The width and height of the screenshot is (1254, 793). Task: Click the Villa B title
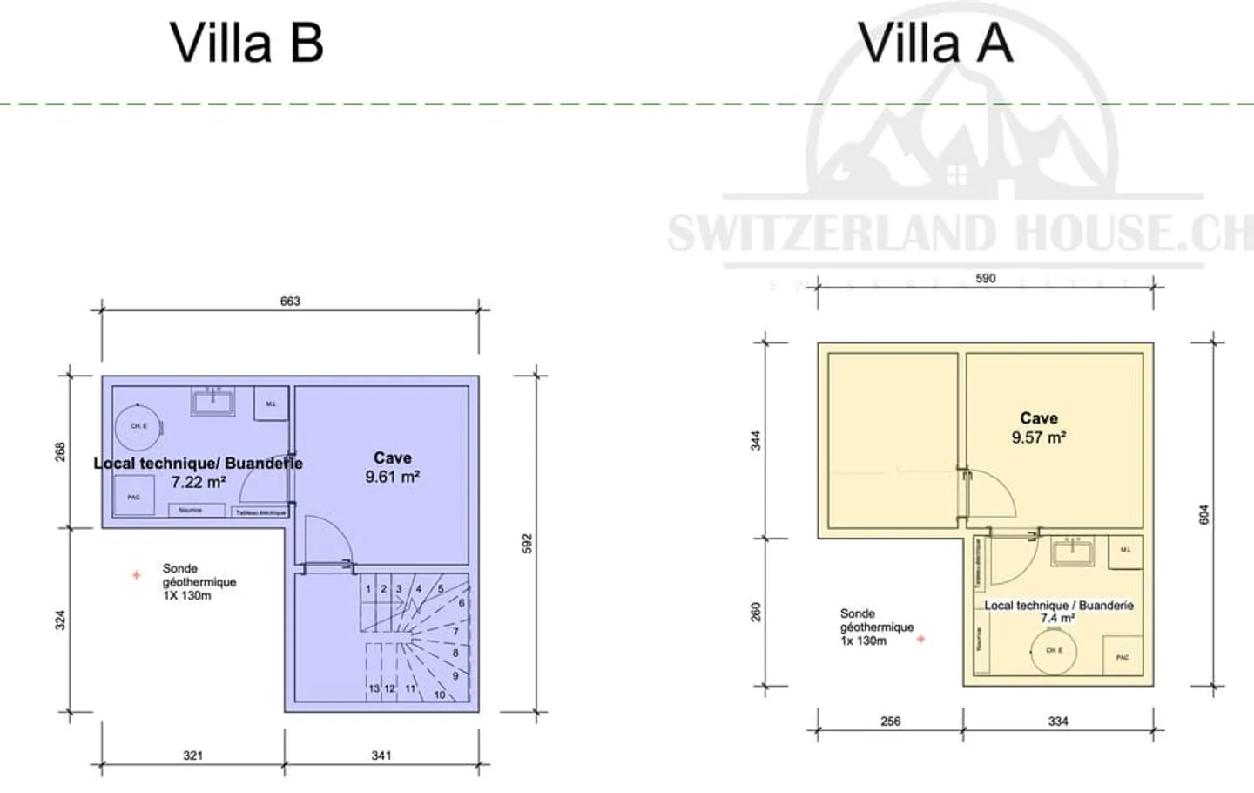point(246,43)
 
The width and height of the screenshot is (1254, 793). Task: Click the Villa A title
point(935,43)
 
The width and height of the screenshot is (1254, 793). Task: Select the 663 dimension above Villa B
point(290,302)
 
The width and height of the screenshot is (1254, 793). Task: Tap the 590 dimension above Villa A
point(985,279)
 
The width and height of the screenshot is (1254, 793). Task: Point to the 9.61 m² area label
point(392,477)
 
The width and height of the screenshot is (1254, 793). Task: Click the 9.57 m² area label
point(1038,437)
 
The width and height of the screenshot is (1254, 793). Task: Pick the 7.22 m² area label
point(199,482)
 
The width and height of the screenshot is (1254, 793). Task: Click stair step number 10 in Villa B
point(440,695)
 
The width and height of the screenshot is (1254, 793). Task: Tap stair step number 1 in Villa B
point(368,589)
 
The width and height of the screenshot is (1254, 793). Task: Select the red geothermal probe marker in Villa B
point(136,575)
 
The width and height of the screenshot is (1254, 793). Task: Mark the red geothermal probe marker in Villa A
point(920,640)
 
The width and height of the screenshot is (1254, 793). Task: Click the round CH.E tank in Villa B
point(138,426)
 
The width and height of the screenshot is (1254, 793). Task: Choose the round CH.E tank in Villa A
point(1054,650)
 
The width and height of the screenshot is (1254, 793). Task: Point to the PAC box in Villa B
point(133,498)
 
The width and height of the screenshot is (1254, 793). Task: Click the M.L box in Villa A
point(1125,551)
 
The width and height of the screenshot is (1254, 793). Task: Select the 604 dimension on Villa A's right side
point(1204,514)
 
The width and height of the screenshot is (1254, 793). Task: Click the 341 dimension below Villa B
point(381,756)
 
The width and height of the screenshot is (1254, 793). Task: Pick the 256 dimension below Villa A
point(890,722)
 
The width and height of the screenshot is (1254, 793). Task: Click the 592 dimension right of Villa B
point(527,544)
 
